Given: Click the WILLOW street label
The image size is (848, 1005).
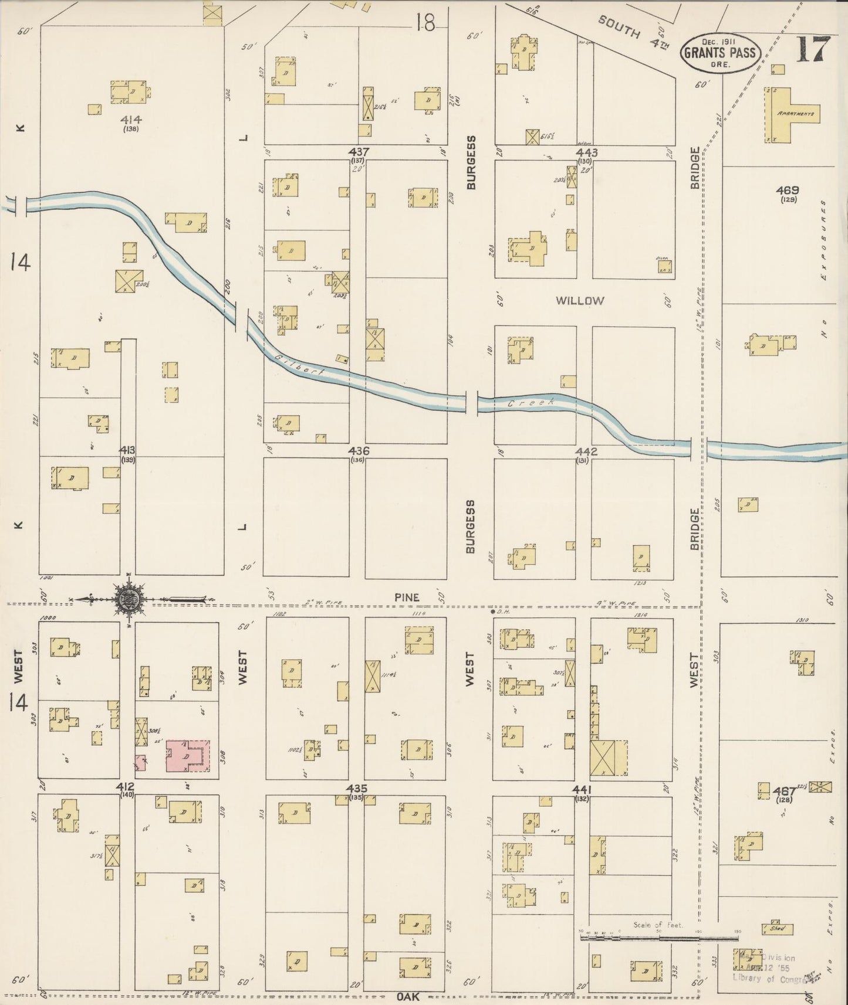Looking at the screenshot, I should coord(580,301).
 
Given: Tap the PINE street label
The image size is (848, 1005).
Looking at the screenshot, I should coord(407,597).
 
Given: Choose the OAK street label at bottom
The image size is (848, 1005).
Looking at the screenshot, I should coord(407,996).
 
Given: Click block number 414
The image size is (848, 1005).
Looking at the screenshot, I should coord(131,120).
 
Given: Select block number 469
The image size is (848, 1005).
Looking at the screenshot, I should coord(787,191).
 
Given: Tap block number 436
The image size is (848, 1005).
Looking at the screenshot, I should coord(358,451).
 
